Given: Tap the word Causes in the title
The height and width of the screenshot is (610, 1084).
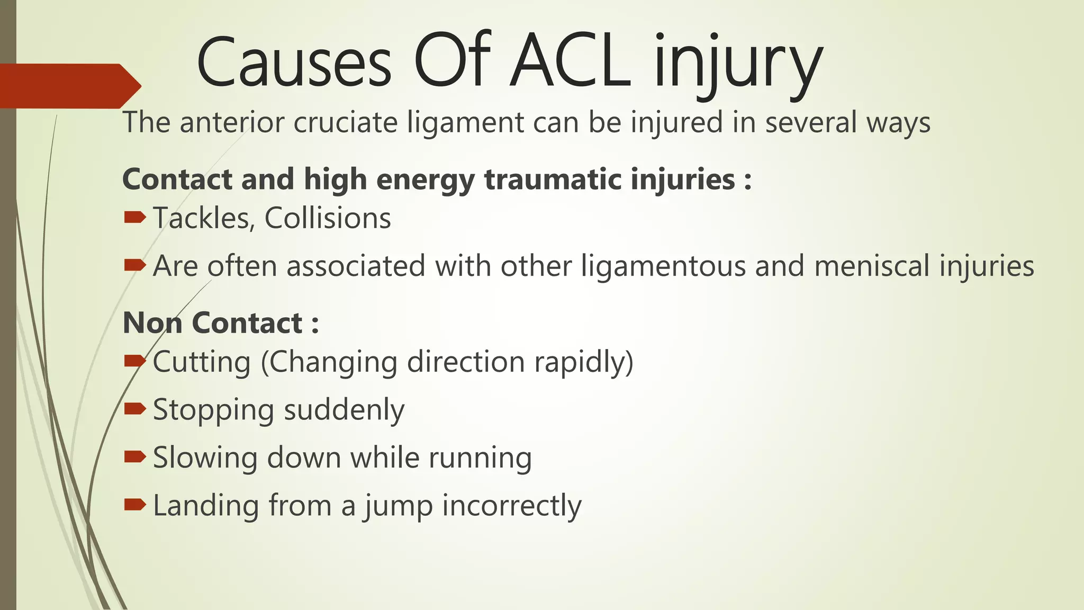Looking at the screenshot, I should point(294,62).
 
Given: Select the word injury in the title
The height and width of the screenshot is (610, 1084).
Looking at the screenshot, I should point(738,66).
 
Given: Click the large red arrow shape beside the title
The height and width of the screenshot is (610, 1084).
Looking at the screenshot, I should point(69,86).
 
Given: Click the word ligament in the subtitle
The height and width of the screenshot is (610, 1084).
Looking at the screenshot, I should point(465,123).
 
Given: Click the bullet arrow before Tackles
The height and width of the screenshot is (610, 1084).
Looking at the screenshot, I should point(134,217).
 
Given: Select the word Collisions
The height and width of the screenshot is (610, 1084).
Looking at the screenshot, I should point(328,218).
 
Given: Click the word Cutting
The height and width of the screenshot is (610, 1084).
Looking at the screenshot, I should point(202,362).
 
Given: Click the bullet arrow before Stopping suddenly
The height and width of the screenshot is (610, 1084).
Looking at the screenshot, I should point(134,408).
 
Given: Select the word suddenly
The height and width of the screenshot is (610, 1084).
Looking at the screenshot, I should point(345,410).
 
